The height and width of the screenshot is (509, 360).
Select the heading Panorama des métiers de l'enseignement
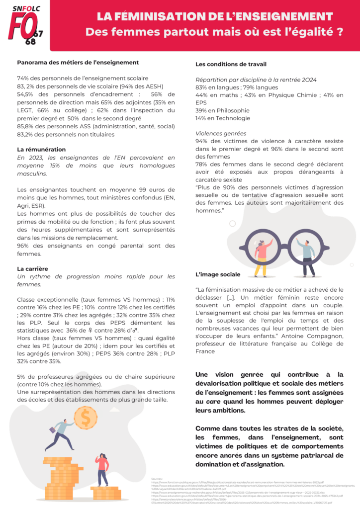78,63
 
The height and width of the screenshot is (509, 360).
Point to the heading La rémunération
41,149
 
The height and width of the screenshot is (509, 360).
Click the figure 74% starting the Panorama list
23,78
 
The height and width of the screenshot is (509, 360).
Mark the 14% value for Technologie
201,118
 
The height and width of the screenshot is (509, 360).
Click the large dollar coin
86,418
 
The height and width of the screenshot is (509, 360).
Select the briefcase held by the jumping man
52,428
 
